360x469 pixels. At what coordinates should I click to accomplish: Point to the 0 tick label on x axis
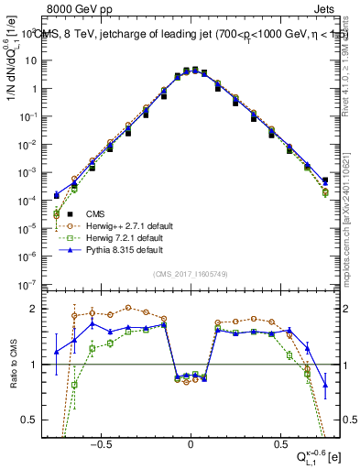tap(191, 441)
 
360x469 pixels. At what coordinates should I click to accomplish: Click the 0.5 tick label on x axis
tap(278, 441)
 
